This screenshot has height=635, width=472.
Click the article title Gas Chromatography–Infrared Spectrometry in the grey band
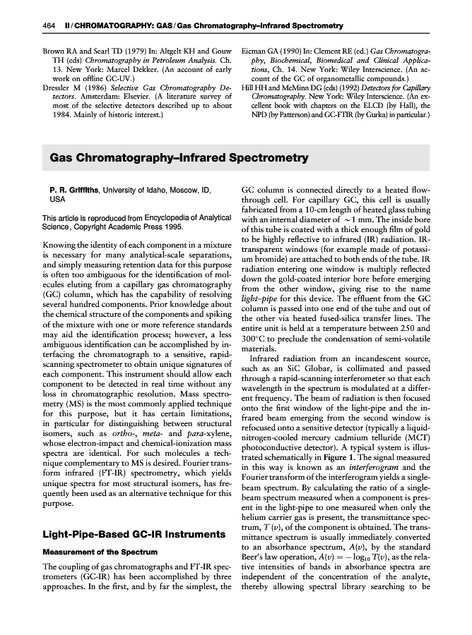pyautogui.click(x=179, y=157)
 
